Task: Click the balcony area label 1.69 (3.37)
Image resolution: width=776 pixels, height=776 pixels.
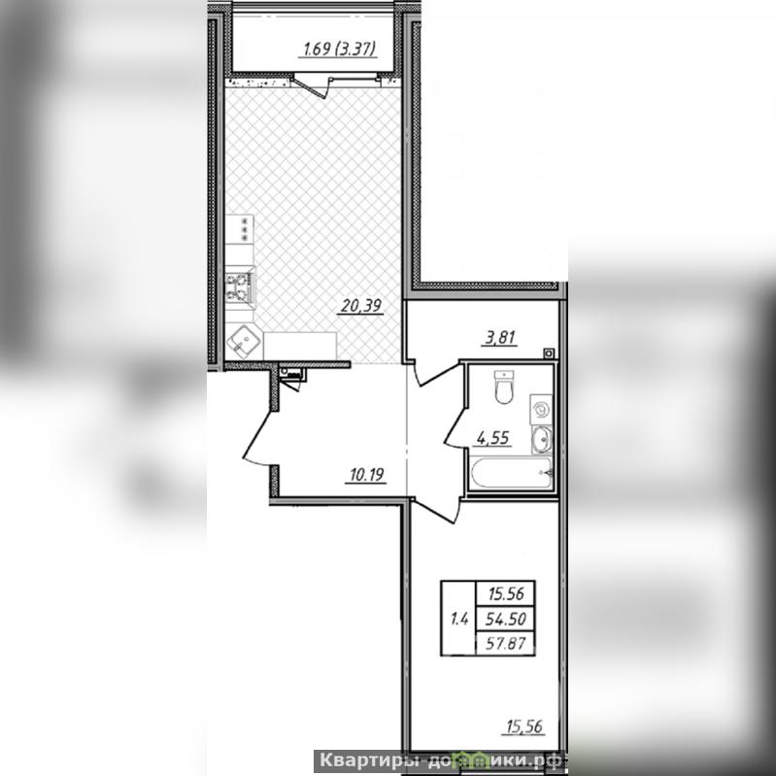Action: coord(339,49)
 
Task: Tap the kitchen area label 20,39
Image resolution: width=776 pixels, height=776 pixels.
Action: coord(361,306)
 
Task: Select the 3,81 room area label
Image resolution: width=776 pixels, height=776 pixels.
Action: coord(501,338)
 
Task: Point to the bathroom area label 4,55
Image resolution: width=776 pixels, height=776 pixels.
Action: coord(492,438)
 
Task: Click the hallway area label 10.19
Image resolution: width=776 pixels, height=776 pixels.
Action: coord(367,475)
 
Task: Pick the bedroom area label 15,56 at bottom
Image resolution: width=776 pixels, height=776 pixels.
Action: coord(524,726)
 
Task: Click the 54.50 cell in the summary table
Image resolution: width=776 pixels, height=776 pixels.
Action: coord(505,619)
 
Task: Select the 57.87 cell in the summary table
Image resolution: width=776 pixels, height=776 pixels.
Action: coord(505,643)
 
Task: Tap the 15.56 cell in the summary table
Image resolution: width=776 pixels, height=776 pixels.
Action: coord(505,593)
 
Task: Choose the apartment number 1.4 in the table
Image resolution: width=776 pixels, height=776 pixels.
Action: coord(458,619)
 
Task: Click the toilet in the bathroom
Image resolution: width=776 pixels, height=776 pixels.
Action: coord(504,387)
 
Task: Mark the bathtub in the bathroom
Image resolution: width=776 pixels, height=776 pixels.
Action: coord(511,473)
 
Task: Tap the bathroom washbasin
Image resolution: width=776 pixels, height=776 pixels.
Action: coord(541,439)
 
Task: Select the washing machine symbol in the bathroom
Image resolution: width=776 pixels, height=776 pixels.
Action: coord(541,409)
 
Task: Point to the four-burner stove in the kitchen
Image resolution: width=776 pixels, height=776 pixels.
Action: coord(240,288)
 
